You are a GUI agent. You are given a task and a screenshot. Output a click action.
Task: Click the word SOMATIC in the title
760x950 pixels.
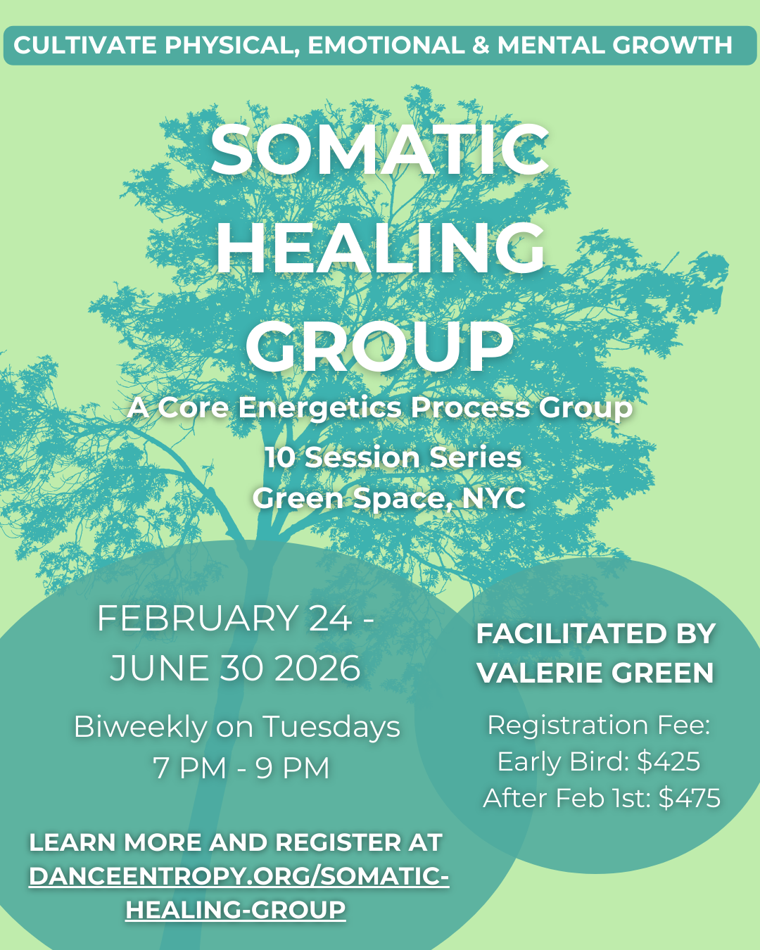pyautogui.click(x=380, y=150)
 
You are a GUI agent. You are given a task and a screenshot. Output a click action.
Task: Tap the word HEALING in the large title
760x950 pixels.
pyautogui.click(x=380, y=248)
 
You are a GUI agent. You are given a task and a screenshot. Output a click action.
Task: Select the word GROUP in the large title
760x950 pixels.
pyautogui.click(x=380, y=346)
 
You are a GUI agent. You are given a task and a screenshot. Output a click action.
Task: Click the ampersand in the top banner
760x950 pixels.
pyautogui.click(x=481, y=46)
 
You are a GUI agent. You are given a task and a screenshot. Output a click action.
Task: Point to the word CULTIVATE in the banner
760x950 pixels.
pyautogui.click(x=85, y=46)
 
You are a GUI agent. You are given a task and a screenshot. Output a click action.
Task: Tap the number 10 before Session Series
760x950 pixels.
pyautogui.click(x=280, y=457)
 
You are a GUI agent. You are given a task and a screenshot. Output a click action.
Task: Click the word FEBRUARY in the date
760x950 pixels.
pyautogui.click(x=198, y=619)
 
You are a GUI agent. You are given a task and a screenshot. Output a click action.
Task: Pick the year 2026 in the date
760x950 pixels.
pyautogui.click(x=317, y=668)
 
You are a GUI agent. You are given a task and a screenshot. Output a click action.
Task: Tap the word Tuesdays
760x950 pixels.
pyautogui.click(x=331, y=727)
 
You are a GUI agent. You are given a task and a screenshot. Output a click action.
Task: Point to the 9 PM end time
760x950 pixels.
pyautogui.click(x=293, y=768)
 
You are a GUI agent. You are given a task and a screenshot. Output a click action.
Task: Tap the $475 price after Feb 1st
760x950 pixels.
pyautogui.click(x=689, y=798)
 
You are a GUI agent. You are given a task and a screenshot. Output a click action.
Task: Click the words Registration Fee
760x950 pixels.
pyautogui.click(x=599, y=725)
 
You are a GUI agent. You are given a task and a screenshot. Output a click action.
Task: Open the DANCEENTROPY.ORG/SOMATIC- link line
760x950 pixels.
pyautogui.click(x=239, y=876)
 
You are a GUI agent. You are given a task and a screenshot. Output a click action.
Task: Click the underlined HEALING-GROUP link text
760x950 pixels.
pyautogui.click(x=236, y=910)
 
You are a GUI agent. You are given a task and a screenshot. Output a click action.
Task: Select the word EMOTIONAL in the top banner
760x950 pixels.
pyautogui.click(x=386, y=46)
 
